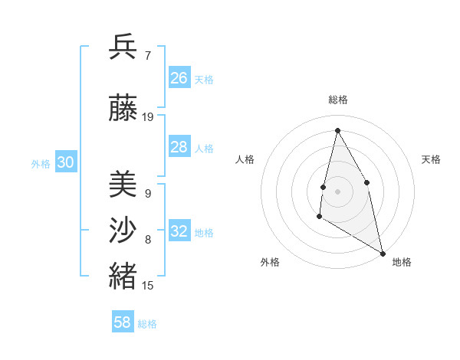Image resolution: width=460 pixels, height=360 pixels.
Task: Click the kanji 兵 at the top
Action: (123, 47)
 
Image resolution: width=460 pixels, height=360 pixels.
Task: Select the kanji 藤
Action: (123, 110)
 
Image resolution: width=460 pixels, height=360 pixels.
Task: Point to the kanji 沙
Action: (123, 229)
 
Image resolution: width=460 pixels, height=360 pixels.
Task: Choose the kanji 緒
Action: (123, 276)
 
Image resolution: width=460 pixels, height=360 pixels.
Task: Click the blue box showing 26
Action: (179, 78)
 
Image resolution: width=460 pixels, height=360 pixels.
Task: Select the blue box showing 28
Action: (179, 147)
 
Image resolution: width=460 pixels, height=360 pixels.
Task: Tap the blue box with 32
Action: (179, 231)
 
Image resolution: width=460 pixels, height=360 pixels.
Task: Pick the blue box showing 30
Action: (65, 162)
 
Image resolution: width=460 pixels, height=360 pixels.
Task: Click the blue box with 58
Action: (123, 322)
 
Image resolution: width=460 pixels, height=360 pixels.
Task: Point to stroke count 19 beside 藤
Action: (148, 117)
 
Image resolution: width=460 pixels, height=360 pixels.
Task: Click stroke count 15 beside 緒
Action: (148, 286)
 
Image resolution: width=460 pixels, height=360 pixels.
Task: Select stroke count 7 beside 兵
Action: (147, 56)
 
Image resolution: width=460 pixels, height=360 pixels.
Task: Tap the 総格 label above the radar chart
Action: (337, 100)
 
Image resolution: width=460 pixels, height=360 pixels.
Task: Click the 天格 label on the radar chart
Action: (431, 159)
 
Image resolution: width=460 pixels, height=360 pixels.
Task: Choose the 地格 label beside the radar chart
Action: (402, 262)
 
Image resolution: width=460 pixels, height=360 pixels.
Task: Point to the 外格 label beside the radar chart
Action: (269, 262)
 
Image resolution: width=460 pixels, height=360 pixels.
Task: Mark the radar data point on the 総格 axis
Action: (337, 130)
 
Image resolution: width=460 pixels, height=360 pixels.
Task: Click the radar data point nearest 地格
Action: (383, 254)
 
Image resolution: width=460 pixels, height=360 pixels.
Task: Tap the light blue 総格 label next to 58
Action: (147, 324)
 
